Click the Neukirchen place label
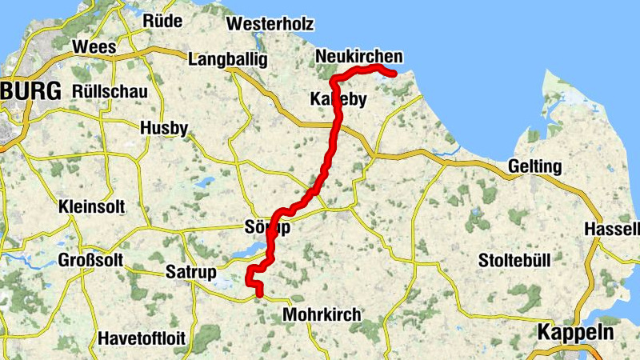coord(359,56)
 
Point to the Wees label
coord(94,47)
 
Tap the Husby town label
coord(164,128)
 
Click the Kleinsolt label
coord(92,207)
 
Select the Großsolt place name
coord(92,260)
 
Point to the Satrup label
coord(190,273)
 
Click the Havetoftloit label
coord(142,338)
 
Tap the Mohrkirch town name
coord(322,315)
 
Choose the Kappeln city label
coord(576,333)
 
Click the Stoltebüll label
coord(517,261)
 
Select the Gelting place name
coord(534,167)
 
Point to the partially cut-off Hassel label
coord(613,228)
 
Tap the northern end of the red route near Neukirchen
coord(394,74)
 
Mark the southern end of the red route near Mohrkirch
coord(259,294)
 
